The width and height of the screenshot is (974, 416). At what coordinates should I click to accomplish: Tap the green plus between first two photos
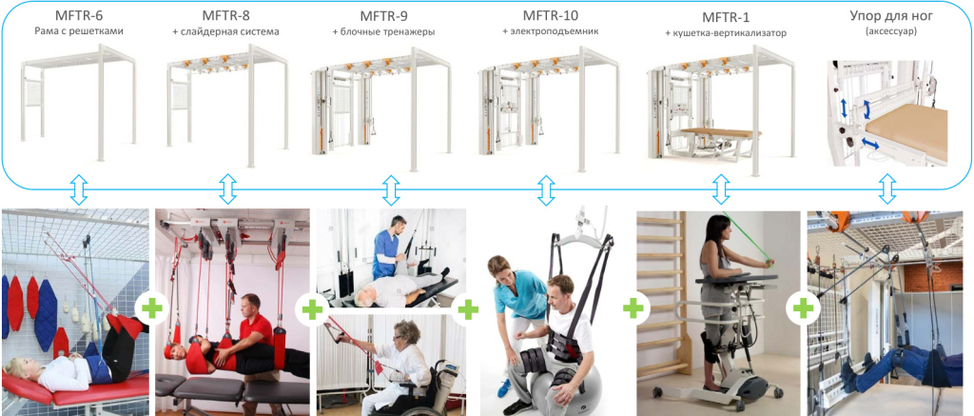click(x=150, y=308)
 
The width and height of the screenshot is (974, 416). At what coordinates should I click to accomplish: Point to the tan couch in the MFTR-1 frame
click(x=721, y=132)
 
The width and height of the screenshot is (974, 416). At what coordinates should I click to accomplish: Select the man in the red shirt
click(x=252, y=332)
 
